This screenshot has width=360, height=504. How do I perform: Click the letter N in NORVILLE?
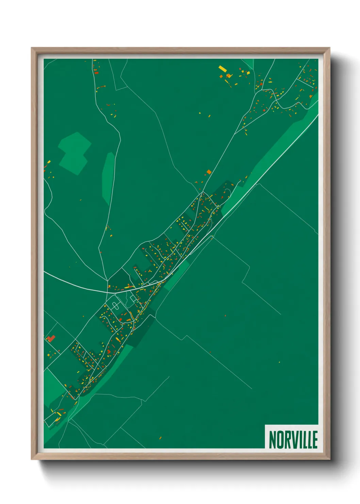[x=273, y=440]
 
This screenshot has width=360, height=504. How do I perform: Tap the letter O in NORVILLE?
[x=280, y=440]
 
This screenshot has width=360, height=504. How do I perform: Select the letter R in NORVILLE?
[x=288, y=440]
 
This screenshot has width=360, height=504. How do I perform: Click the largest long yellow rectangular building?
[x=223, y=69]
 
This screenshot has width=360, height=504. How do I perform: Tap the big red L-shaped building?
[x=51, y=338]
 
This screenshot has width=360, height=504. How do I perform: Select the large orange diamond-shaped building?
[x=209, y=172]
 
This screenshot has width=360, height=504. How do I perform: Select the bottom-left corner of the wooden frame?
[x=32, y=459]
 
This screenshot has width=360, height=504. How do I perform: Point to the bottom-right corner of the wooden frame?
[x=329, y=459]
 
